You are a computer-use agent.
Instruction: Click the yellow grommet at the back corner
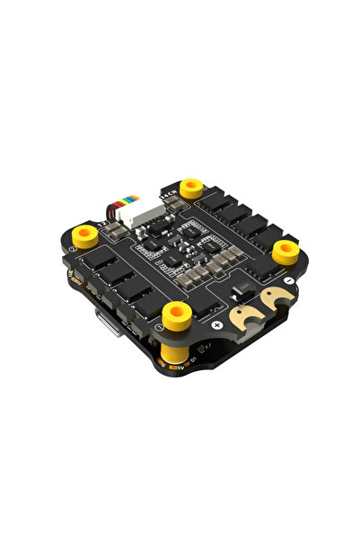[190, 187]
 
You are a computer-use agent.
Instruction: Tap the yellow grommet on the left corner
[85, 236]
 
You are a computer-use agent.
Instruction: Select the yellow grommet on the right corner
[285, 247]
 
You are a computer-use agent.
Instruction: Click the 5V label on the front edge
[181, 366]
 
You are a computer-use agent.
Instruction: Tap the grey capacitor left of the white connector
[114, 232]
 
